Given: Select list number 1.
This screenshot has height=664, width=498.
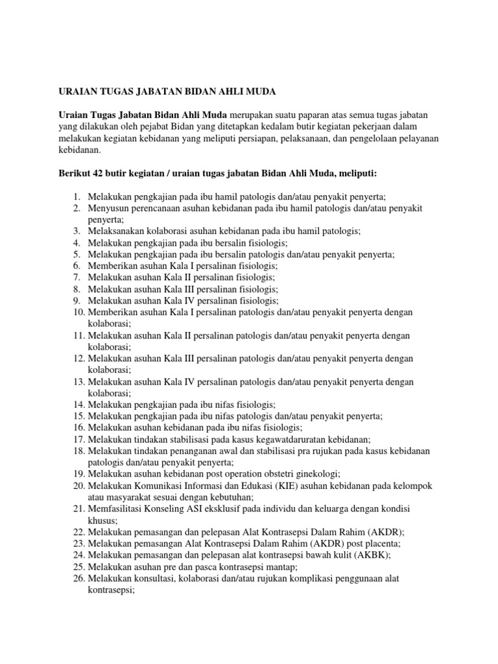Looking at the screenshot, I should click(x=76, y=196).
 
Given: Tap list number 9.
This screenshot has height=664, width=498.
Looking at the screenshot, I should click(x=76, y=302).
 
